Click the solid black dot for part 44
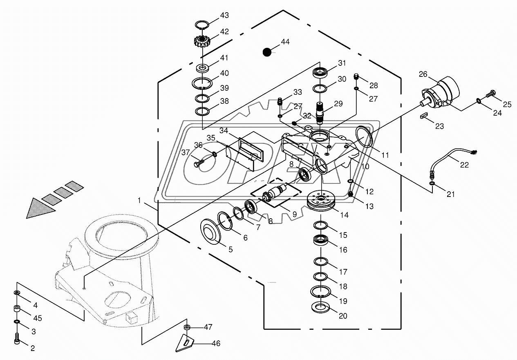[267, 52]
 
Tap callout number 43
[224, 15]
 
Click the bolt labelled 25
[491, 94]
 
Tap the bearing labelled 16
[320, 240]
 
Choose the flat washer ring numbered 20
[322, 308]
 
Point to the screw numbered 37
[199, 163]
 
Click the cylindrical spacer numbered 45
[17, 309]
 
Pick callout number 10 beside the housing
[365, 166]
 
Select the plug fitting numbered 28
[357, 76]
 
